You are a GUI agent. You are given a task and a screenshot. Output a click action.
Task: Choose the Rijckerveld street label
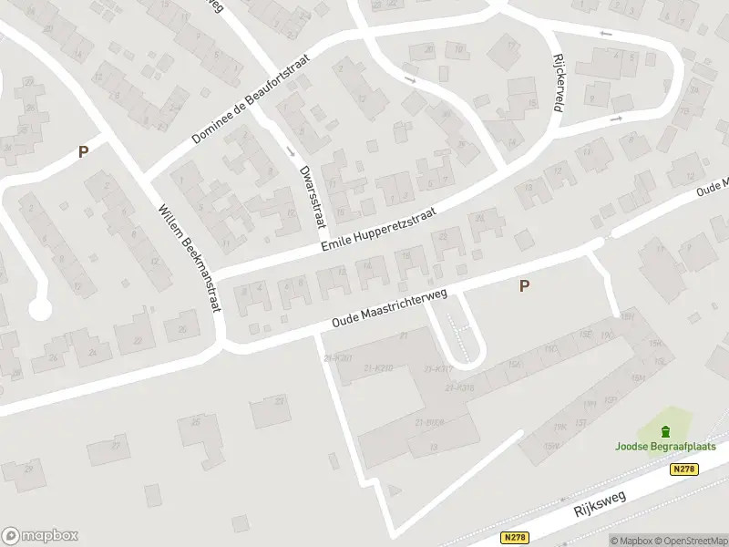pyautogui.click(x=557, y=82)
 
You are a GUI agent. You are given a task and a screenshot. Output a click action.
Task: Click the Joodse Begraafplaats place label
pyautogui.click(x=664, y=447)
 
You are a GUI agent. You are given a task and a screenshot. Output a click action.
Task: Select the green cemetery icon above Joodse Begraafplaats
pyautogui.click(x=664, y=431)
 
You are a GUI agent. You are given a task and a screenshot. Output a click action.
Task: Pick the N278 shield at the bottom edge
pyautogui.click(x=515, y=538)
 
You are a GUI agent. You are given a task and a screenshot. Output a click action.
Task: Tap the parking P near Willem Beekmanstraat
pyautogui.click(x=83, y=152)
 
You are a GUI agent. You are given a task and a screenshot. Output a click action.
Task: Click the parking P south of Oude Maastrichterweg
pyautogui.click(x=524, y=286)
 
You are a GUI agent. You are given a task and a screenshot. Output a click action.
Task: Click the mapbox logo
pyautogui.click(x=40, y=536)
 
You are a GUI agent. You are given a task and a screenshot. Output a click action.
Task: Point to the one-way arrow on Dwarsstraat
pyautogui.click(x=291, y=150)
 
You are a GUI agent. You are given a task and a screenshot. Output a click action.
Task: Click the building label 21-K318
pyautogui.click(x=459, y=388)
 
